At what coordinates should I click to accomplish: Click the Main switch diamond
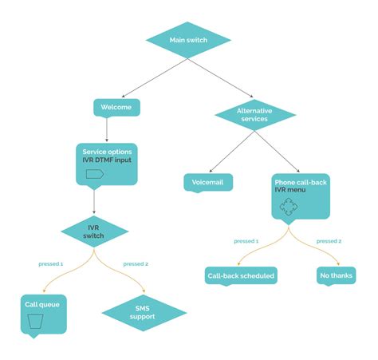click(x=188, y=40)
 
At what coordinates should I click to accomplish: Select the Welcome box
click(x=116, y=107)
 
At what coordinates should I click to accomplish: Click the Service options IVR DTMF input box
click(x=108, y=163)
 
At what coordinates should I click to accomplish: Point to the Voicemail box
click(x=208, y=183)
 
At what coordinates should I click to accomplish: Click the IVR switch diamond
click(x=94, y=231)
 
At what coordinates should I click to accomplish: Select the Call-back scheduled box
click(x=241, y=276)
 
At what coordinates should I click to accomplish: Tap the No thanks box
click(x=335, y=276)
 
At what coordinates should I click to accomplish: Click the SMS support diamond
click(x=144, y=312)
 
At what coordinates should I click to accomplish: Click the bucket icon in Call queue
click(x=35, y=322)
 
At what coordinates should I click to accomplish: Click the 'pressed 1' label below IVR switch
click(x=52, y=263)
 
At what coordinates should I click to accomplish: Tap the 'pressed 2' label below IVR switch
click(x=136, y=263)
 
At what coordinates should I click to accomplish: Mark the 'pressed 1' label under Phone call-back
click(x=246, y=241)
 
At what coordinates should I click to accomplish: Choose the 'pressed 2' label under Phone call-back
click(x=329, y=241)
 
